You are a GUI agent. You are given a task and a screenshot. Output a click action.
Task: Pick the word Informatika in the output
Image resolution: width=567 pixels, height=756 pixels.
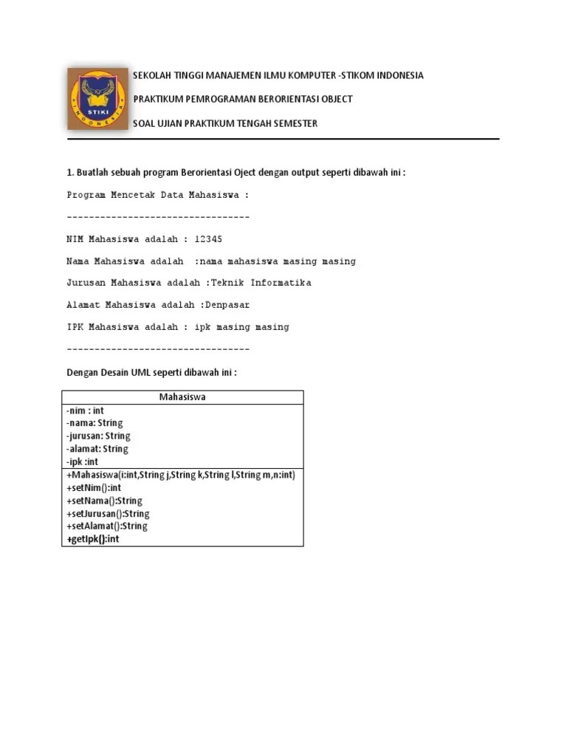click(281, 283)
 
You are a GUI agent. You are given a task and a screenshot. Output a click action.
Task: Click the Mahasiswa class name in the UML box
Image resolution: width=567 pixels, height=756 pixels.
click(182, 397)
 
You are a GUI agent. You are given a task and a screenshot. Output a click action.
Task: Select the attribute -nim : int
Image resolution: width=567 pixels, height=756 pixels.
click(85, 410)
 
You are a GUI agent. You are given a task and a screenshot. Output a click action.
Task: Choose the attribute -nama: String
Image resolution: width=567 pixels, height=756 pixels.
click(94, 423)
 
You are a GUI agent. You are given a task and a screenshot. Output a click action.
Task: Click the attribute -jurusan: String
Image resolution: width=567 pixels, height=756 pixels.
click(97, 436)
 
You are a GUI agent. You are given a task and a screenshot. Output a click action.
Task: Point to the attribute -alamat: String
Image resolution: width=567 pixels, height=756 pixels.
click(97, 448)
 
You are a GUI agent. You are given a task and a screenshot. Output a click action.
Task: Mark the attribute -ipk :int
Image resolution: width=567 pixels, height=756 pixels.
click(82, 461)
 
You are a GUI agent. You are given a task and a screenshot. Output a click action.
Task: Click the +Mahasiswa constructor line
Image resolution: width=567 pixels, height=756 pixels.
click(180, 475)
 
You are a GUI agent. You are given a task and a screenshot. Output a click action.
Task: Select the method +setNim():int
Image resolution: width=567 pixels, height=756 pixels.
click(94, 488)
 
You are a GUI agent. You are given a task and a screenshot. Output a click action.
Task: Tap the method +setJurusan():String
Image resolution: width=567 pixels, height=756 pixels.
click(108, 514)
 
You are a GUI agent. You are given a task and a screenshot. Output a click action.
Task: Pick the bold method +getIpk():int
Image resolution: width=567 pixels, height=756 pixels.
click(92, 540)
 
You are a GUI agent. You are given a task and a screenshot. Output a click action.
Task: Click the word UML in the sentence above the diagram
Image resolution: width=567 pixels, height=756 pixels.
click(141, 372)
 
